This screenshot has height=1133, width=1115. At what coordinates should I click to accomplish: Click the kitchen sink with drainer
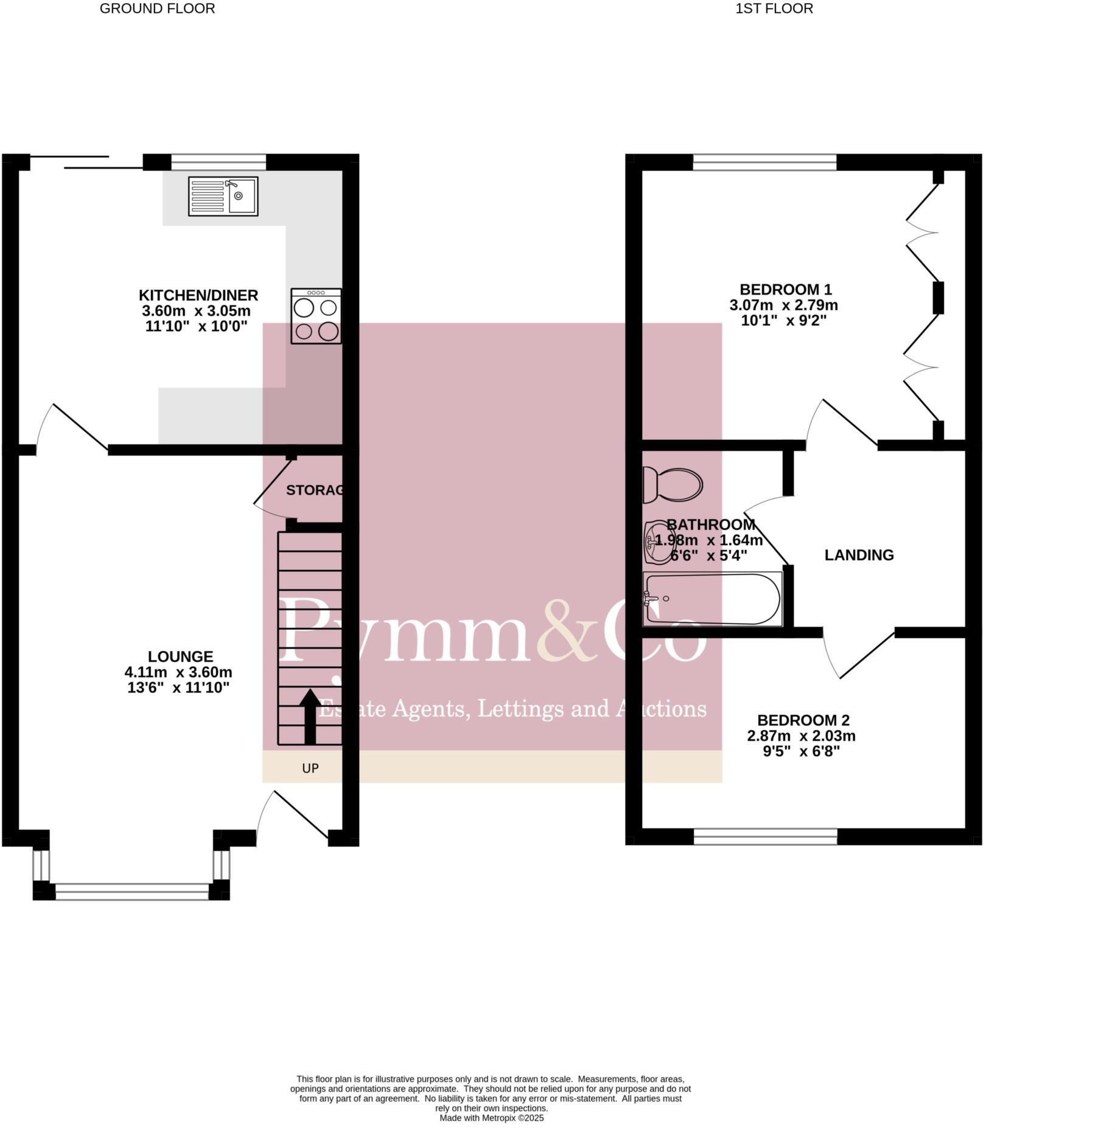pyautogui.click(x=223, y=196)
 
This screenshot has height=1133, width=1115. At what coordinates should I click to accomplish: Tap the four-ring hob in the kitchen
pyautogui.click(x=316, y=316)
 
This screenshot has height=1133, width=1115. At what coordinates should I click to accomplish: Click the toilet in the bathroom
pyautogui.click(x=673, y=484)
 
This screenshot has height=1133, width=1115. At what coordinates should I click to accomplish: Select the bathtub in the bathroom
pyautogui.click(x=712, y=599)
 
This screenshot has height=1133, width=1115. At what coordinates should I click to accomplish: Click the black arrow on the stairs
pyautogui.click(x=310, y=716)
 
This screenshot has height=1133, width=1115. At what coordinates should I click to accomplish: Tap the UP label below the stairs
pyautogui.click(x=310, y=769)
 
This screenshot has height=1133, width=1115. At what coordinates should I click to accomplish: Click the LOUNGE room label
pyautogui.click(x=181, y=657)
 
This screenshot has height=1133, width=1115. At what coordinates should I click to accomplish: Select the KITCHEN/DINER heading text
pyautogui.click(x=198, y=295)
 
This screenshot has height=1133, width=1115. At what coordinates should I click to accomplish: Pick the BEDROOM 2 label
pyautogui.click(x=802, y=720)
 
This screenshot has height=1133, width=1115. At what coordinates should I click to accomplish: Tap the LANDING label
pyautogui.click(x=859, y=555)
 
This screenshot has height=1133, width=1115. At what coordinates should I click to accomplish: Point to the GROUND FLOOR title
pyautogui.click(x=157, y=9)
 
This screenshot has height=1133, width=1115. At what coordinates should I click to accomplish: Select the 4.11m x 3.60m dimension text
pyautogui.click(x=178, y=672)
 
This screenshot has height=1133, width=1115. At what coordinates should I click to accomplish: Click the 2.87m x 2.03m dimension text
pyautogui.click(x=801, y=736)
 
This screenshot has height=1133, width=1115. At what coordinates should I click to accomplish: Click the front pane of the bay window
pyautogui.click(x=131, y=892)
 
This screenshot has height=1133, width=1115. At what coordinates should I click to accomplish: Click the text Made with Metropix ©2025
pyautogui.click(x=491, y=1118)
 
